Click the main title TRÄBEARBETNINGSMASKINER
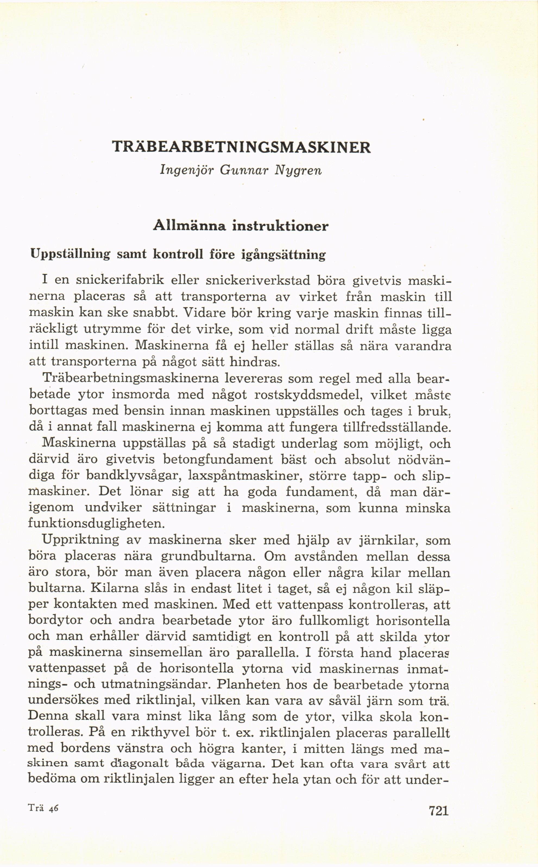click(x=241, y=147)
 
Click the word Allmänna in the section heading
click(x=189, y=226)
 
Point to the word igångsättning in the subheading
click(x=283, y=255)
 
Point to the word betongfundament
click(x=218, y=459)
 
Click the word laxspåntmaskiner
click(x=244, y=476)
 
